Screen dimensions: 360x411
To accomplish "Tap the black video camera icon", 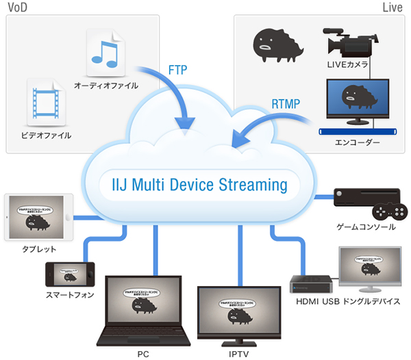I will tap(349, 43).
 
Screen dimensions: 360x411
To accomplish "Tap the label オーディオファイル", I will tap(106, 86).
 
